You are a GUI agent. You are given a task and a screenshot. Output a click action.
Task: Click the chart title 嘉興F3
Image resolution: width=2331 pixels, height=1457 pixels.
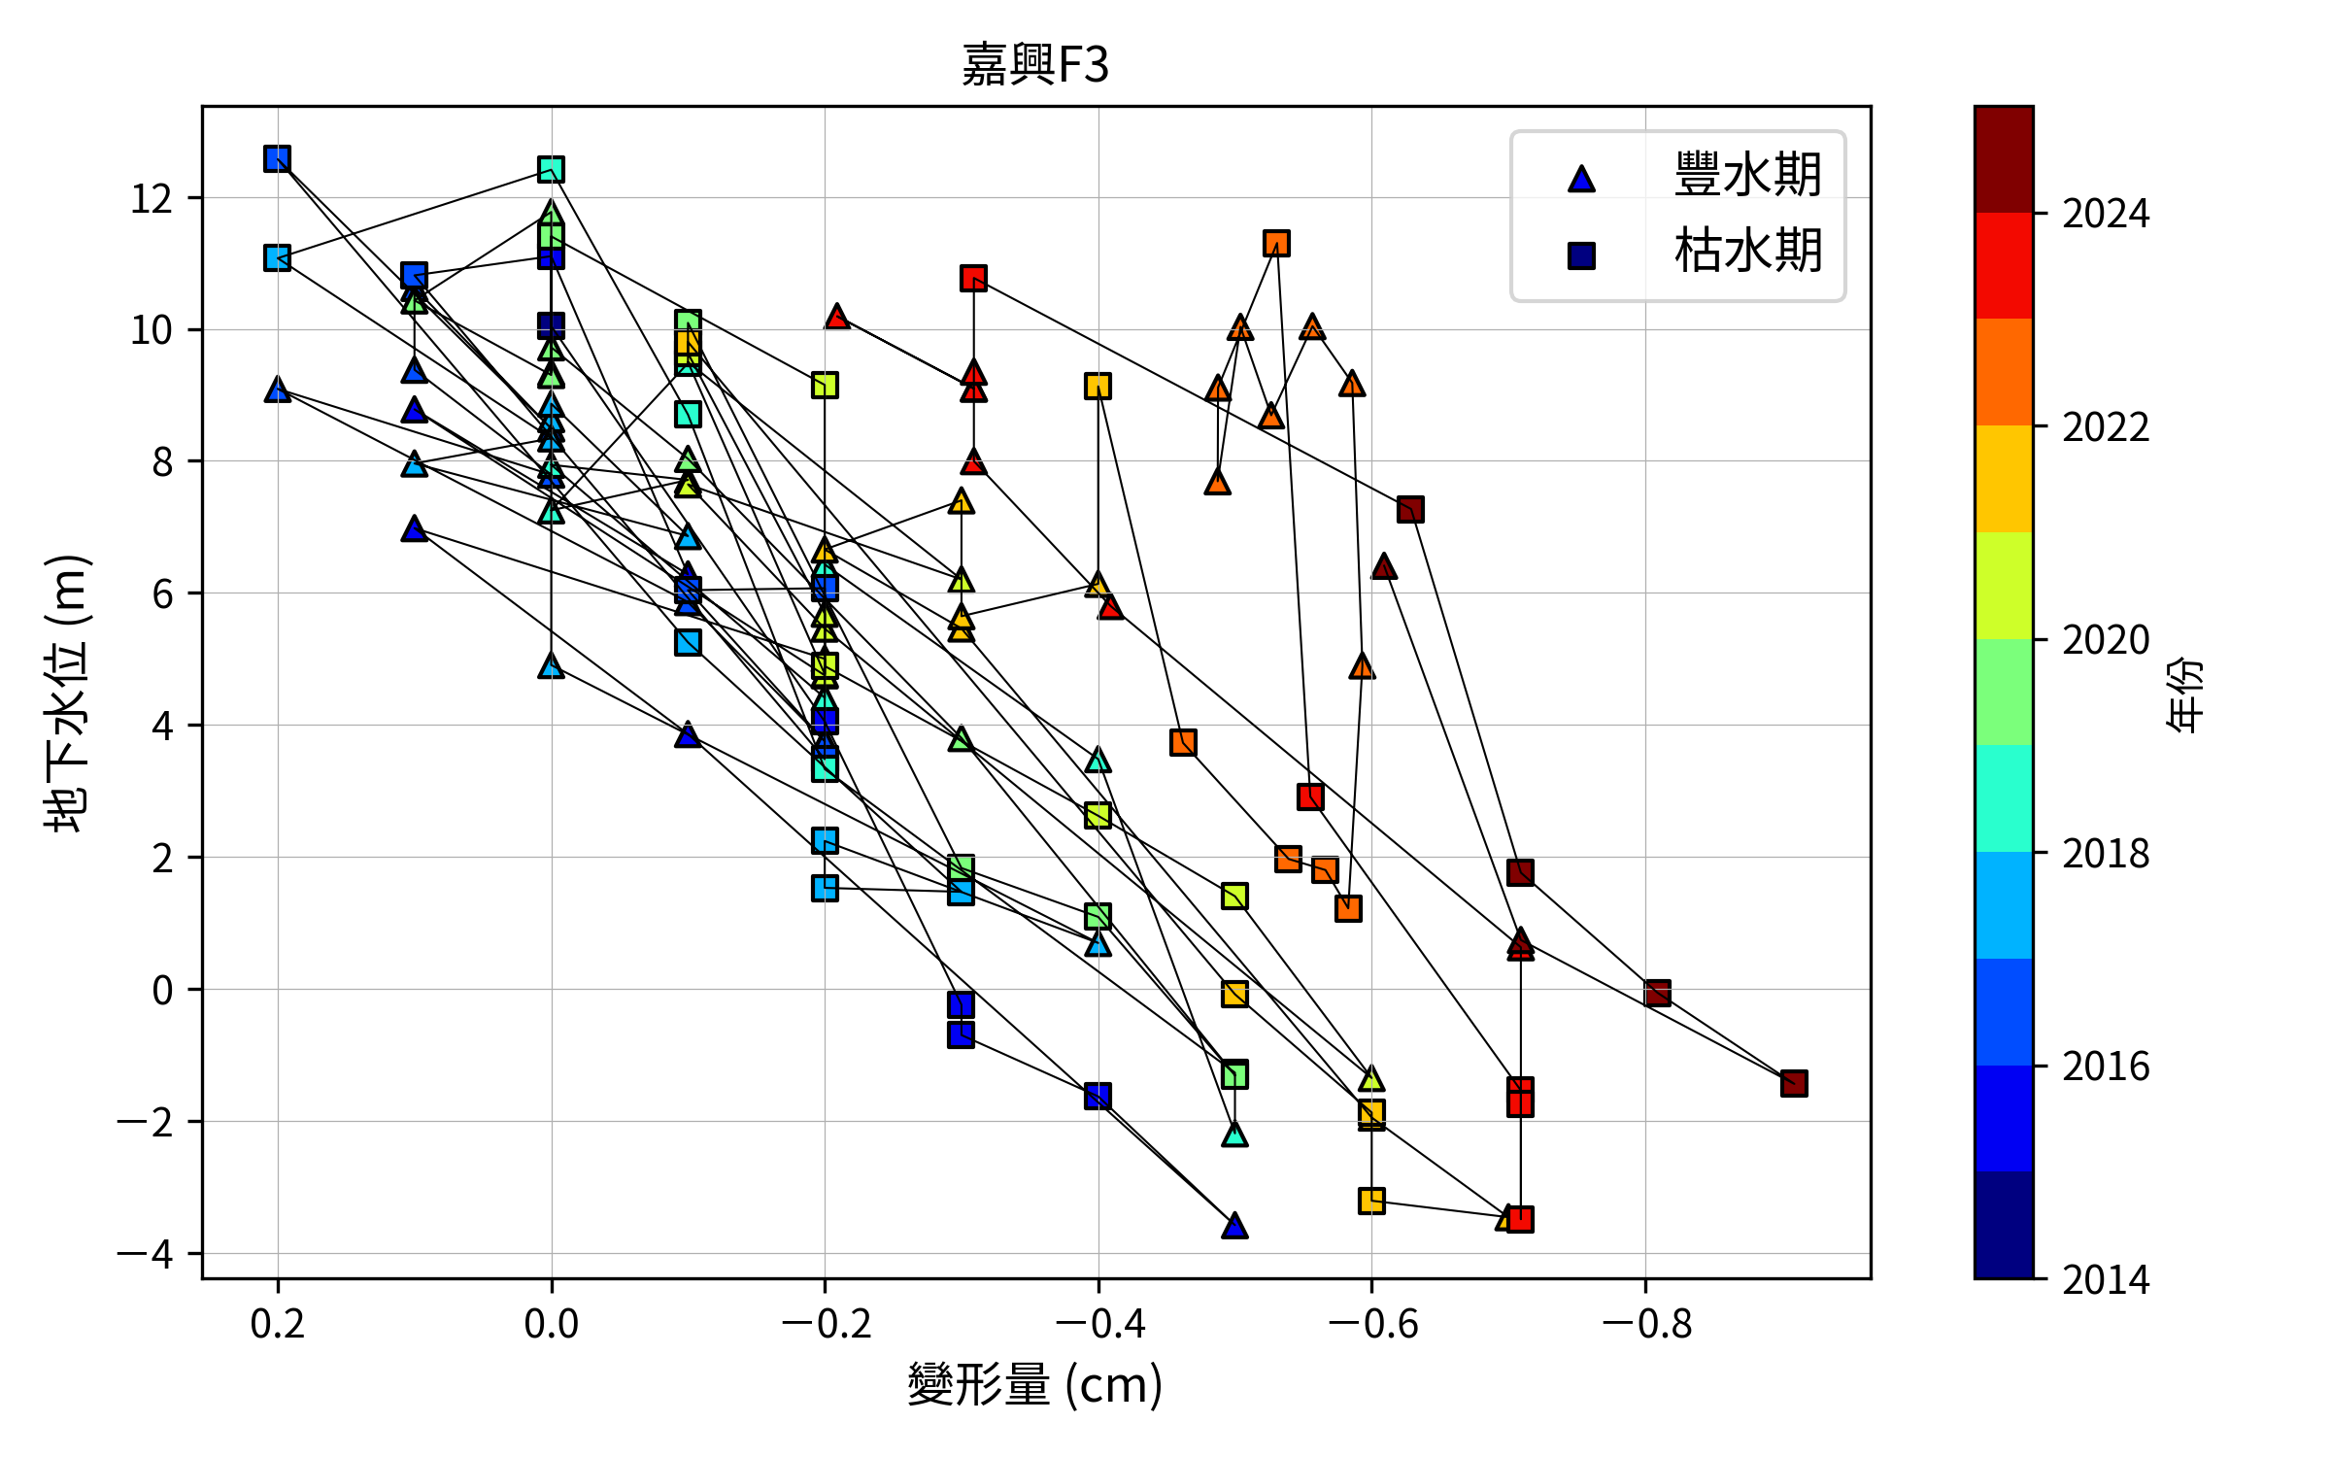point(1035,65)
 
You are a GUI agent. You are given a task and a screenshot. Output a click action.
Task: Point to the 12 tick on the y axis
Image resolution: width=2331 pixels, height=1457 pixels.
point(152,199)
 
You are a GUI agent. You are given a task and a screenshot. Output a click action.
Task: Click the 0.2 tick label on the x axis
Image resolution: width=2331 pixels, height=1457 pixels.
point(278,1325)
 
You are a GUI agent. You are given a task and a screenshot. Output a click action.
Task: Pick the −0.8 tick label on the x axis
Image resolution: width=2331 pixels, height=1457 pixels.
point(1645,1325)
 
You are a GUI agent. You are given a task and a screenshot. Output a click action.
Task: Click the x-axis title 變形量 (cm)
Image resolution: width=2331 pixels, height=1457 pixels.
point(1035,1385)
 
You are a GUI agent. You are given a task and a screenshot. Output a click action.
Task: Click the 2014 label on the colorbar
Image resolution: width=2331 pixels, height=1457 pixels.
point(2106,1280)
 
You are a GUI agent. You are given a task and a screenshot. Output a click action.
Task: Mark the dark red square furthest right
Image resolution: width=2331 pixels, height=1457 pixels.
point(1794,1083)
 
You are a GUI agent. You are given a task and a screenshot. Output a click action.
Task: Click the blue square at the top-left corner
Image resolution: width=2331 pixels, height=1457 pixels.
point(277,158)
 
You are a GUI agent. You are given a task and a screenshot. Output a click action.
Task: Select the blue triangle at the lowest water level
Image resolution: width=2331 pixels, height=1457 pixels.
point(1234,1225)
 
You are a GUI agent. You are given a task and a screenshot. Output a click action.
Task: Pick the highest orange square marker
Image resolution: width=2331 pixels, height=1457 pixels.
point(1276,243)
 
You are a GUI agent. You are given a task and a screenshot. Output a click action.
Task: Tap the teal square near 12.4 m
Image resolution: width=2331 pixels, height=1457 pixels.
point(551,170)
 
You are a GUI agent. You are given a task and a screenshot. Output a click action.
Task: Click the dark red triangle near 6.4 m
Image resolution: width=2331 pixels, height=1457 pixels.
point(1384,566)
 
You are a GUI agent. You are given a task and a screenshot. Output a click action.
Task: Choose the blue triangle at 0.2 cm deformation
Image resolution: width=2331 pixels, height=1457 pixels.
point(278,390)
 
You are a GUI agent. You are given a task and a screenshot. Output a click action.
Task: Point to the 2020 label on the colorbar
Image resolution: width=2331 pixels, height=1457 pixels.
point(2106,641)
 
